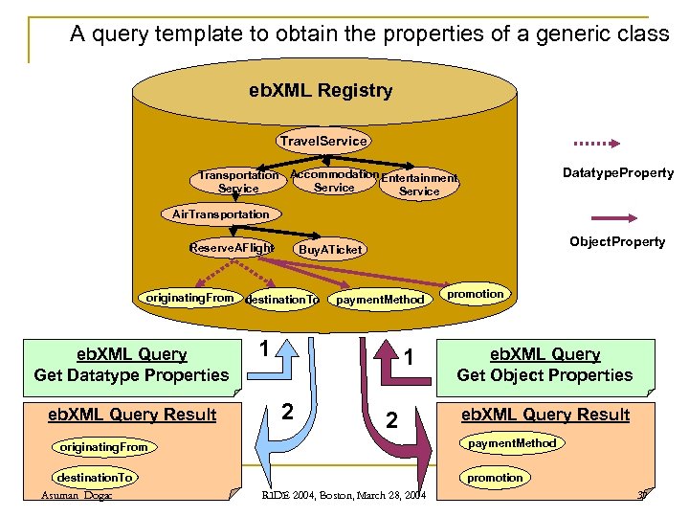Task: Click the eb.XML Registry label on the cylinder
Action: (321, 91)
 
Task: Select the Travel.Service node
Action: (322, 141)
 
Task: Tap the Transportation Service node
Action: (238, 182)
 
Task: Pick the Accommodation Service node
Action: (334, 181)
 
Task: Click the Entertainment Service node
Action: (419, 184)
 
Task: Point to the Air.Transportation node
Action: (221, 214)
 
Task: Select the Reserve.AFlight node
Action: (232, 248)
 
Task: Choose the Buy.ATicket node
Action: (330, 250)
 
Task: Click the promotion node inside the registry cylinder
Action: (476, 294)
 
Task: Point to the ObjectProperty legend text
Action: (617, 241)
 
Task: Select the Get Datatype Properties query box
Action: (131, 365)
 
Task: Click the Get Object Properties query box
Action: (545, 365)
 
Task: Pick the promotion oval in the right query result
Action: (495, 477)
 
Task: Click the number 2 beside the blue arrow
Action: (286, 413)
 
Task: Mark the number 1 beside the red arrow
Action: (408, 358)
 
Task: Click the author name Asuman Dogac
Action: (77, 495)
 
